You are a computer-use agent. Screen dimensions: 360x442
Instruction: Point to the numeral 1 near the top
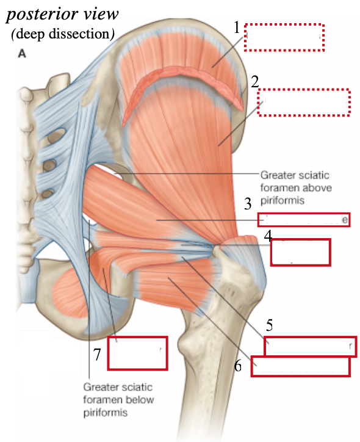237,27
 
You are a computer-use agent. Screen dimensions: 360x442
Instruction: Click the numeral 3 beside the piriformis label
248,203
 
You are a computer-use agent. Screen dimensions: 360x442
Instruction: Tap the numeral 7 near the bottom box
97,354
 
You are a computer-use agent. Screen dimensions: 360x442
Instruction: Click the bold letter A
22,53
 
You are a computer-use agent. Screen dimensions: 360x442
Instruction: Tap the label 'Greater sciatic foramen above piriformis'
296,187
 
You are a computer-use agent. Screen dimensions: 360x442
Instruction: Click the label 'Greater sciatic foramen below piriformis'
118,399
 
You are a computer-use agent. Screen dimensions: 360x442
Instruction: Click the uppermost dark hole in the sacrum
58,134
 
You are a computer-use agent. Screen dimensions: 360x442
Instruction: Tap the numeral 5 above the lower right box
269,325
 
